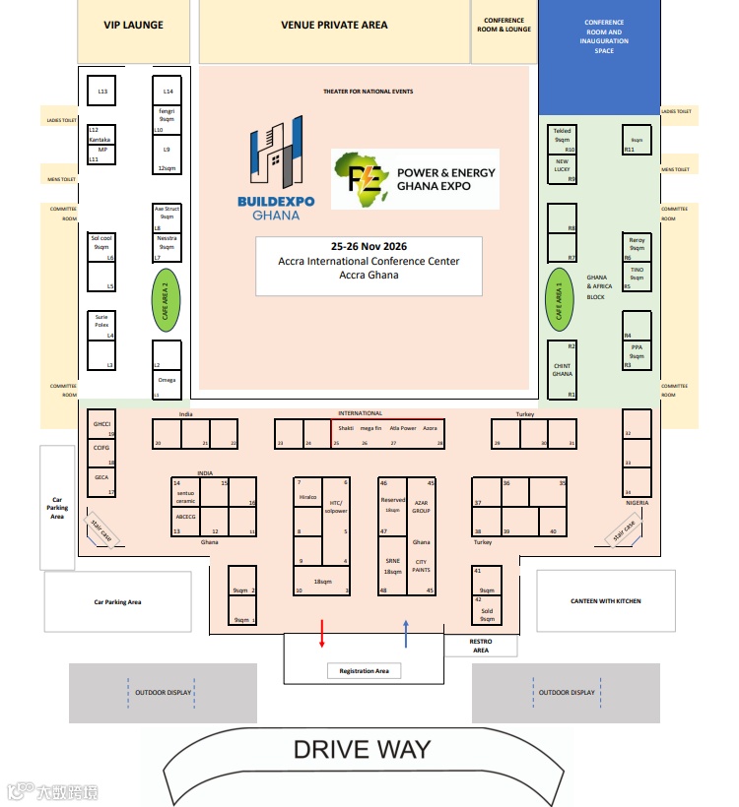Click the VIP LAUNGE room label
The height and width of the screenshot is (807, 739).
coord(133,25)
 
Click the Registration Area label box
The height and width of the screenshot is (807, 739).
coord(364,671)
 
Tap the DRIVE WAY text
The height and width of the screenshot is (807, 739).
coord(362,749)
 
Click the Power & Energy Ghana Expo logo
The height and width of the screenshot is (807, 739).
coord(415,179)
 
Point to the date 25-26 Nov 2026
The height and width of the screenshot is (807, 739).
coord(369,246)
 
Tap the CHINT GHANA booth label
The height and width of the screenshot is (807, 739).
coord(562,370)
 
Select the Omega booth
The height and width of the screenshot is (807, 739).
coord(167,380)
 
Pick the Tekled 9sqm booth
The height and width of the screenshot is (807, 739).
coord(563,136)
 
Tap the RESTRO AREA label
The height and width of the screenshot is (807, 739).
coord(481,646)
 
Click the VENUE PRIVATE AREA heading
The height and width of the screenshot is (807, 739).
coord(334,25)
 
